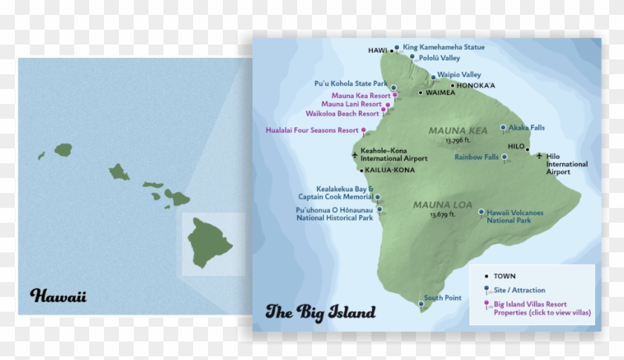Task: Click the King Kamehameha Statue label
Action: [x=443, y=47]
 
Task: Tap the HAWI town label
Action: [x=378, y=50]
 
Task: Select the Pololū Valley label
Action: [x=439, y=57]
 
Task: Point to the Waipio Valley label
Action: [x=459, y=75]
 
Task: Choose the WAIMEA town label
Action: [x=441, y=93]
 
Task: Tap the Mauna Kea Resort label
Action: [x=361, y=96]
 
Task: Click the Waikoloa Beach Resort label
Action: [x=342, y=114]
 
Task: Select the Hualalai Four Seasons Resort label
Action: [x=312, y=130]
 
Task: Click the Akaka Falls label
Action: [x=527, y=128]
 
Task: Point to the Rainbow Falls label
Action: [x=476, y=157]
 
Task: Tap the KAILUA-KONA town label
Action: [x=390, y=170]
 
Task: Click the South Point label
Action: [x=443, y=298]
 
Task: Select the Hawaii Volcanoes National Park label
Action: [x=515, y=216]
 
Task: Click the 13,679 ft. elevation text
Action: [x=443, y=215]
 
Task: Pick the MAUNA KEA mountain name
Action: [x=458, y=131]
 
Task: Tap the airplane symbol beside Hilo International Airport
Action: [x=539, y=155]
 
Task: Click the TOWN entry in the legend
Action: [x=504, y=276]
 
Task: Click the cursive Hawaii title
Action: [x=59, y=296]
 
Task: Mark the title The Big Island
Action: [x=320, y=312]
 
